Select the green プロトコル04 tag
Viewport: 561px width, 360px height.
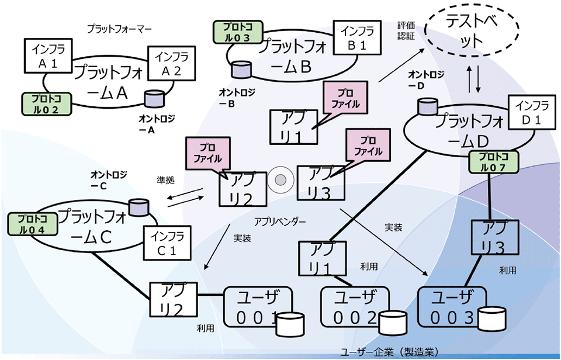32,224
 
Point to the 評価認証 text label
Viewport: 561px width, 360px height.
404,31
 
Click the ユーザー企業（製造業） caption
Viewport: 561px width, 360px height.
389,352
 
